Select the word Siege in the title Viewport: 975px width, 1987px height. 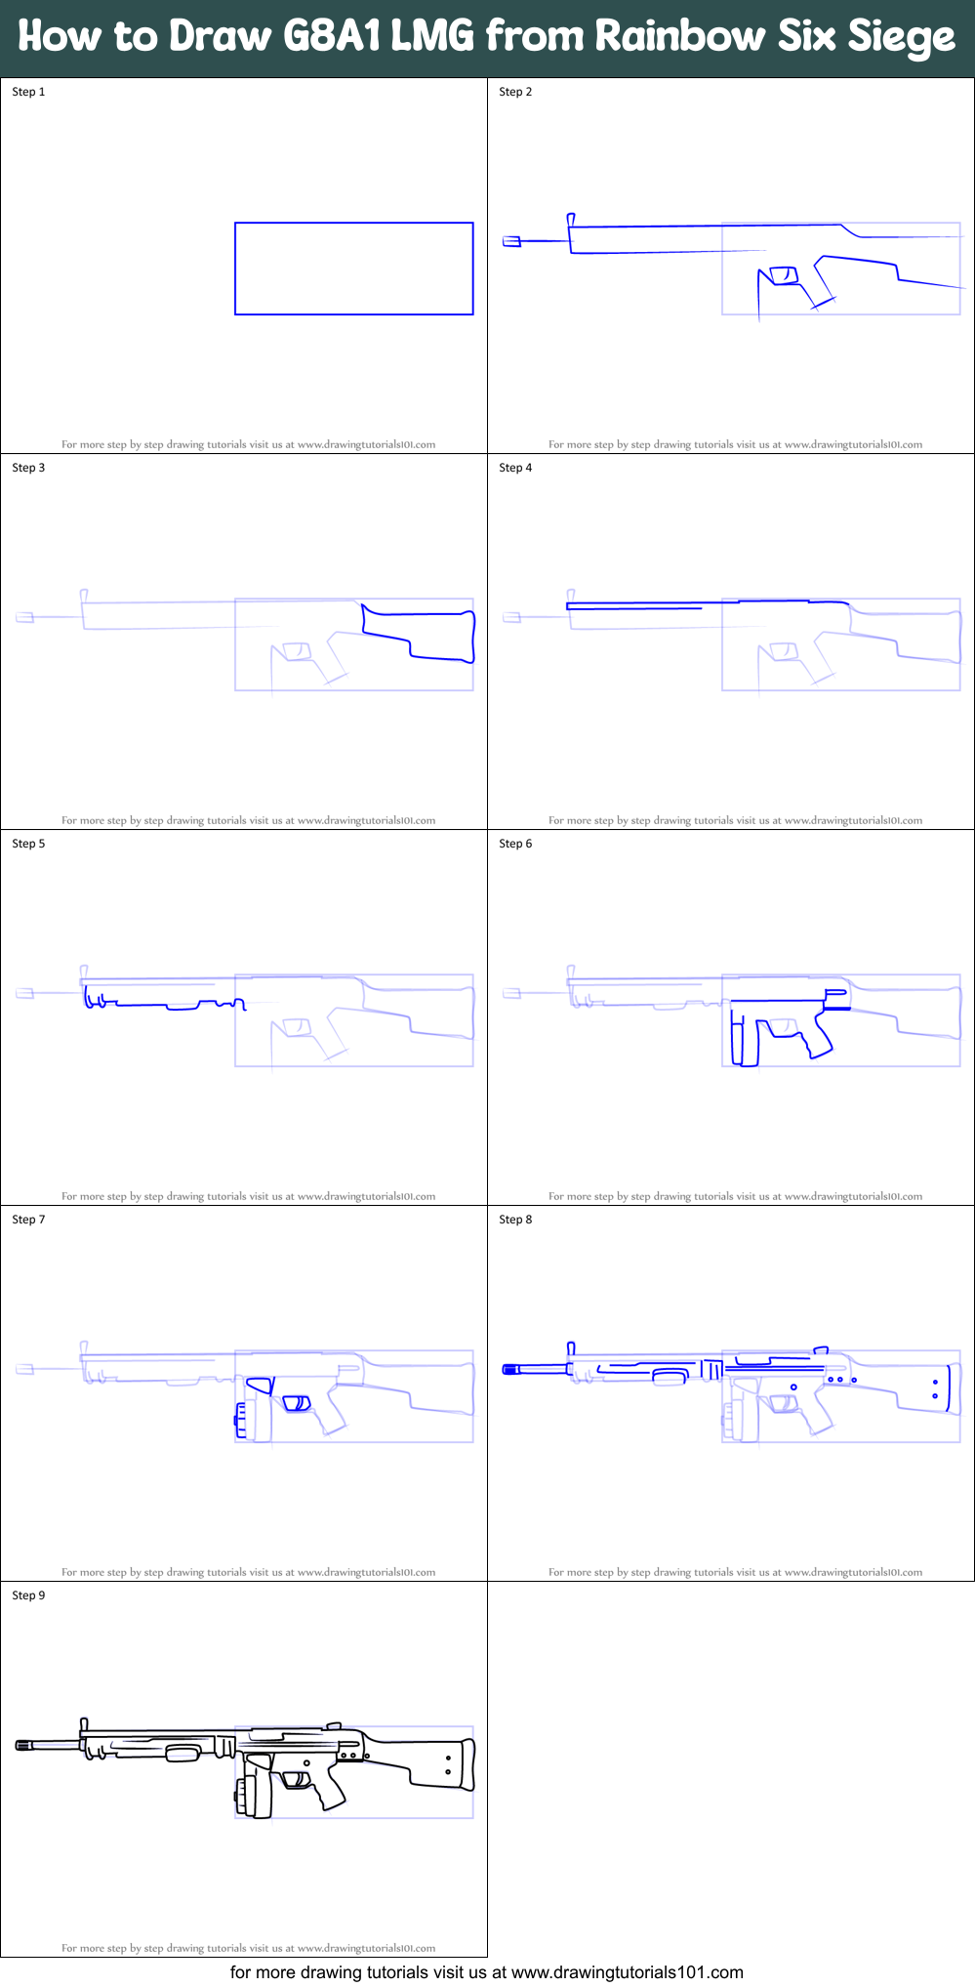[x=901, y=38]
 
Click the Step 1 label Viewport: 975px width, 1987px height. [x=28, y=92]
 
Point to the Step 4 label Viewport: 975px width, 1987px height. [x=515, y=468]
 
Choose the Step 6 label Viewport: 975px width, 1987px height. [x=515, y=844]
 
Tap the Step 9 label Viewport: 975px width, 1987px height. [x=28, y=1595]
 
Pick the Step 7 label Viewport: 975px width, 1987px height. [x=28, y=1220]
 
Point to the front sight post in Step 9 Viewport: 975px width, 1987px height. [x=85, y=1725]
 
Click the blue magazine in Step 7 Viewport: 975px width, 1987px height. [x=240, y=1420]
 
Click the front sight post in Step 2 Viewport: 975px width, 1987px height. [x=571, y=220]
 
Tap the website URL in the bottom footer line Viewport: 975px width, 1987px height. [x=627, y=1972]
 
